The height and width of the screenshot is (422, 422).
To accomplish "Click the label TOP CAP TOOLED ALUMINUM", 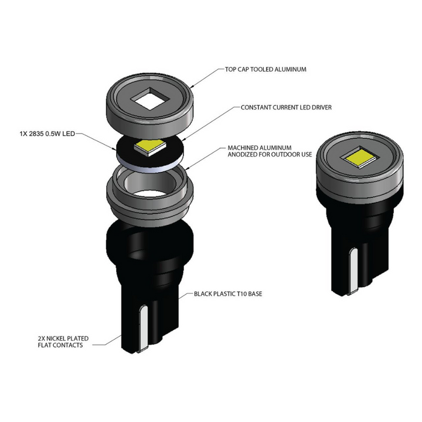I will pos(266,69).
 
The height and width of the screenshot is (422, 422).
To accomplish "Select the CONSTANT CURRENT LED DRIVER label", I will pos(278,108).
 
